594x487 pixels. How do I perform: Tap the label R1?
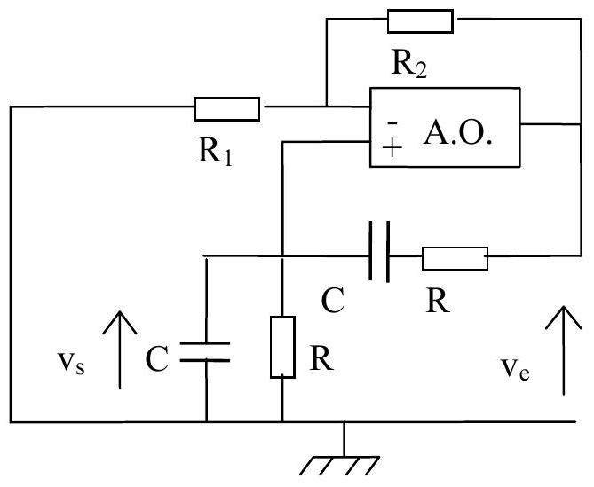[215, 150]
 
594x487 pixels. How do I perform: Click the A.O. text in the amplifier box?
[457, 133]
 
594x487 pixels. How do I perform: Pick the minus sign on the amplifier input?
[392, 122]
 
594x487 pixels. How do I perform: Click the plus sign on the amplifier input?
[392, 147]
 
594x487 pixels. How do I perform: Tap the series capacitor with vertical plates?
[379, 252]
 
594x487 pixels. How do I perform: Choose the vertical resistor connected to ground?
[282, 347]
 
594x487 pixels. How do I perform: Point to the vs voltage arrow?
[120, 350]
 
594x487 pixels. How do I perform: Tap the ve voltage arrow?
[564, 350]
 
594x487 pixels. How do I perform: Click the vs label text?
[71, 362]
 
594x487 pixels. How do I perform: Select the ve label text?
[515, 368]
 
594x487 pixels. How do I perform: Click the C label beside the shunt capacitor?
[156, 358]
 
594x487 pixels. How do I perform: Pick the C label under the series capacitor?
[333, 300]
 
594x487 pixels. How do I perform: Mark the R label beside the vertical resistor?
[321, 358]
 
